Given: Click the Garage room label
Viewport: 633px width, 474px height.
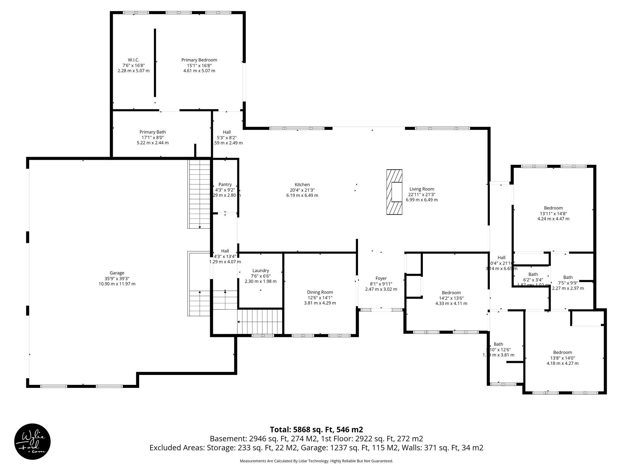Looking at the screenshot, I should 117,273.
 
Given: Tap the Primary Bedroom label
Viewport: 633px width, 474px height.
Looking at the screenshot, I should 199,60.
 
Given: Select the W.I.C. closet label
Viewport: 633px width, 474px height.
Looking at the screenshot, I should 134,60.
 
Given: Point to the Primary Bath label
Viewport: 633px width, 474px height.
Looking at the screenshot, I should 152,132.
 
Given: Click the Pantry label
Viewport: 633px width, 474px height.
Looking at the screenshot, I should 225,185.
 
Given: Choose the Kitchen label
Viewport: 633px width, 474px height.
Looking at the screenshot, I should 302,185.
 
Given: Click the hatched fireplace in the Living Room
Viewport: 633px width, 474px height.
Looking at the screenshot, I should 394,192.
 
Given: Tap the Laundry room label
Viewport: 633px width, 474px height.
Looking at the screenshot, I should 261,271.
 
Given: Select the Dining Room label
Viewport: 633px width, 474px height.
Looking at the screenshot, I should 320,292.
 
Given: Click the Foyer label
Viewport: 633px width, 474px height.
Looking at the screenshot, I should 381,278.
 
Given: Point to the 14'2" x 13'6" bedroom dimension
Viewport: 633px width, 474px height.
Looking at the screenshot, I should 451,298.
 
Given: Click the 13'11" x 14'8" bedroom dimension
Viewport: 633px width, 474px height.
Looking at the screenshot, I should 553,213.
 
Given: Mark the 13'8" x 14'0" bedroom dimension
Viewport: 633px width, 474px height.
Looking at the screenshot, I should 562,358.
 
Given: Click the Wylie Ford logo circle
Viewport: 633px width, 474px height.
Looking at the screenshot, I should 32,442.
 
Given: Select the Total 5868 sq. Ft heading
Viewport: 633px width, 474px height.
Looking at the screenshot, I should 316,430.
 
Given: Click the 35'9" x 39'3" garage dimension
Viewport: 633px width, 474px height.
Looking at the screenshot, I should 117,278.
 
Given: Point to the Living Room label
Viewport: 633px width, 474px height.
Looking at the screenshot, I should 422,189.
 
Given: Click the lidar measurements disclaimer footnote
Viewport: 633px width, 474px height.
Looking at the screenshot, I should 316,461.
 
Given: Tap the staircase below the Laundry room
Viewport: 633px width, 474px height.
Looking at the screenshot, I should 260,321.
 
